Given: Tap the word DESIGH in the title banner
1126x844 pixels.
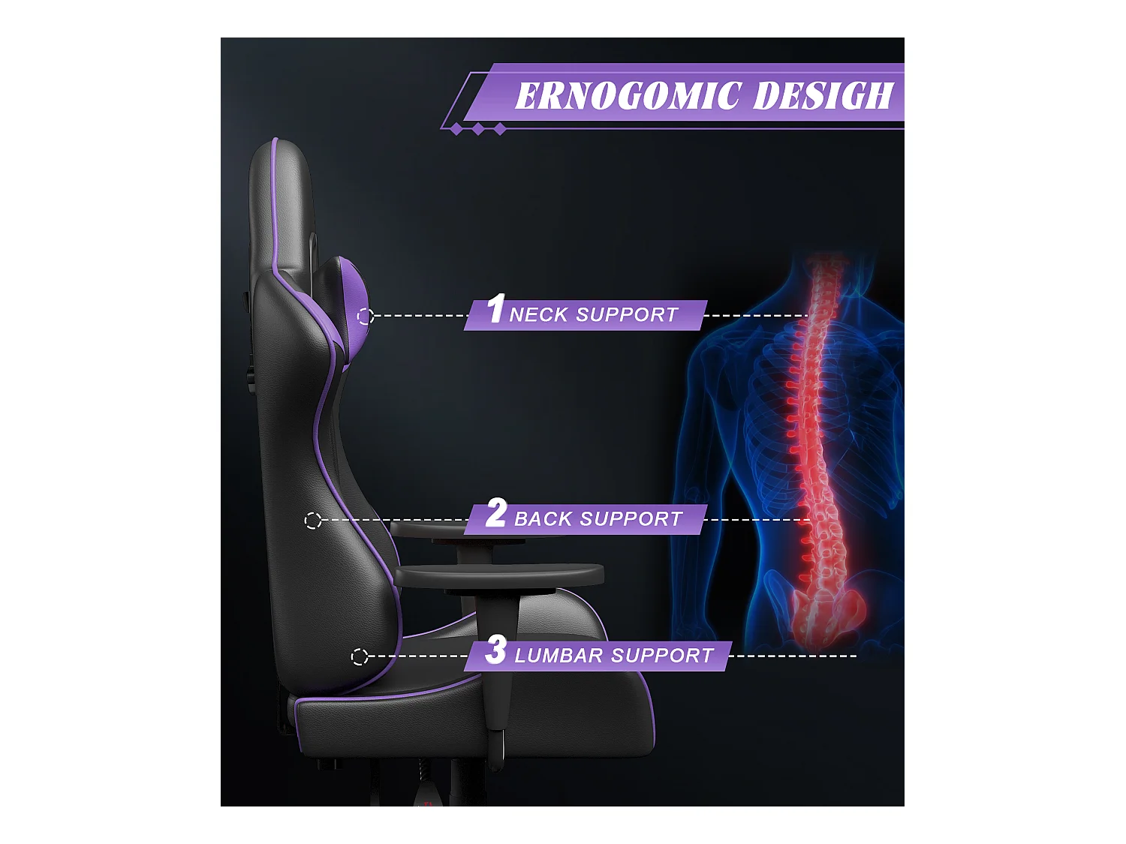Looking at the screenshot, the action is pyautogui.click(x=823, y=96).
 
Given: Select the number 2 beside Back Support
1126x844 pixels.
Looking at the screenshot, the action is pyautogui.click(x=496, y=514).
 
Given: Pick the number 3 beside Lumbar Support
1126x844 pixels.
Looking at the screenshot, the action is pyautogui.click(x=495, y=650).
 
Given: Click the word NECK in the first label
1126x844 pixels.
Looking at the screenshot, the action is pyautogui.click(x=538, y=315).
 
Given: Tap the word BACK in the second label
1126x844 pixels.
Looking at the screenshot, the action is pyautogui.click(x=543, y=519).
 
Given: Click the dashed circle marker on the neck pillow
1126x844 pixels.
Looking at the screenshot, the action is pyautogui.click(x=366, y=317).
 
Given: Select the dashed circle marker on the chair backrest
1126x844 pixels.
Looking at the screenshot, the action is pyautogui.click(x=313, y=520).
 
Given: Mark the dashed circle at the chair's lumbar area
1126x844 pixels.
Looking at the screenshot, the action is pyautogui.click(x=360, y=657).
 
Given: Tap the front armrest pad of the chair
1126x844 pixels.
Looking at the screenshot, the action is pyautogui.click(x=499, y=576).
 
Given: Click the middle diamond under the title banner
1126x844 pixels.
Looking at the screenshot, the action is pyautogui.click(x=478, y=129).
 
